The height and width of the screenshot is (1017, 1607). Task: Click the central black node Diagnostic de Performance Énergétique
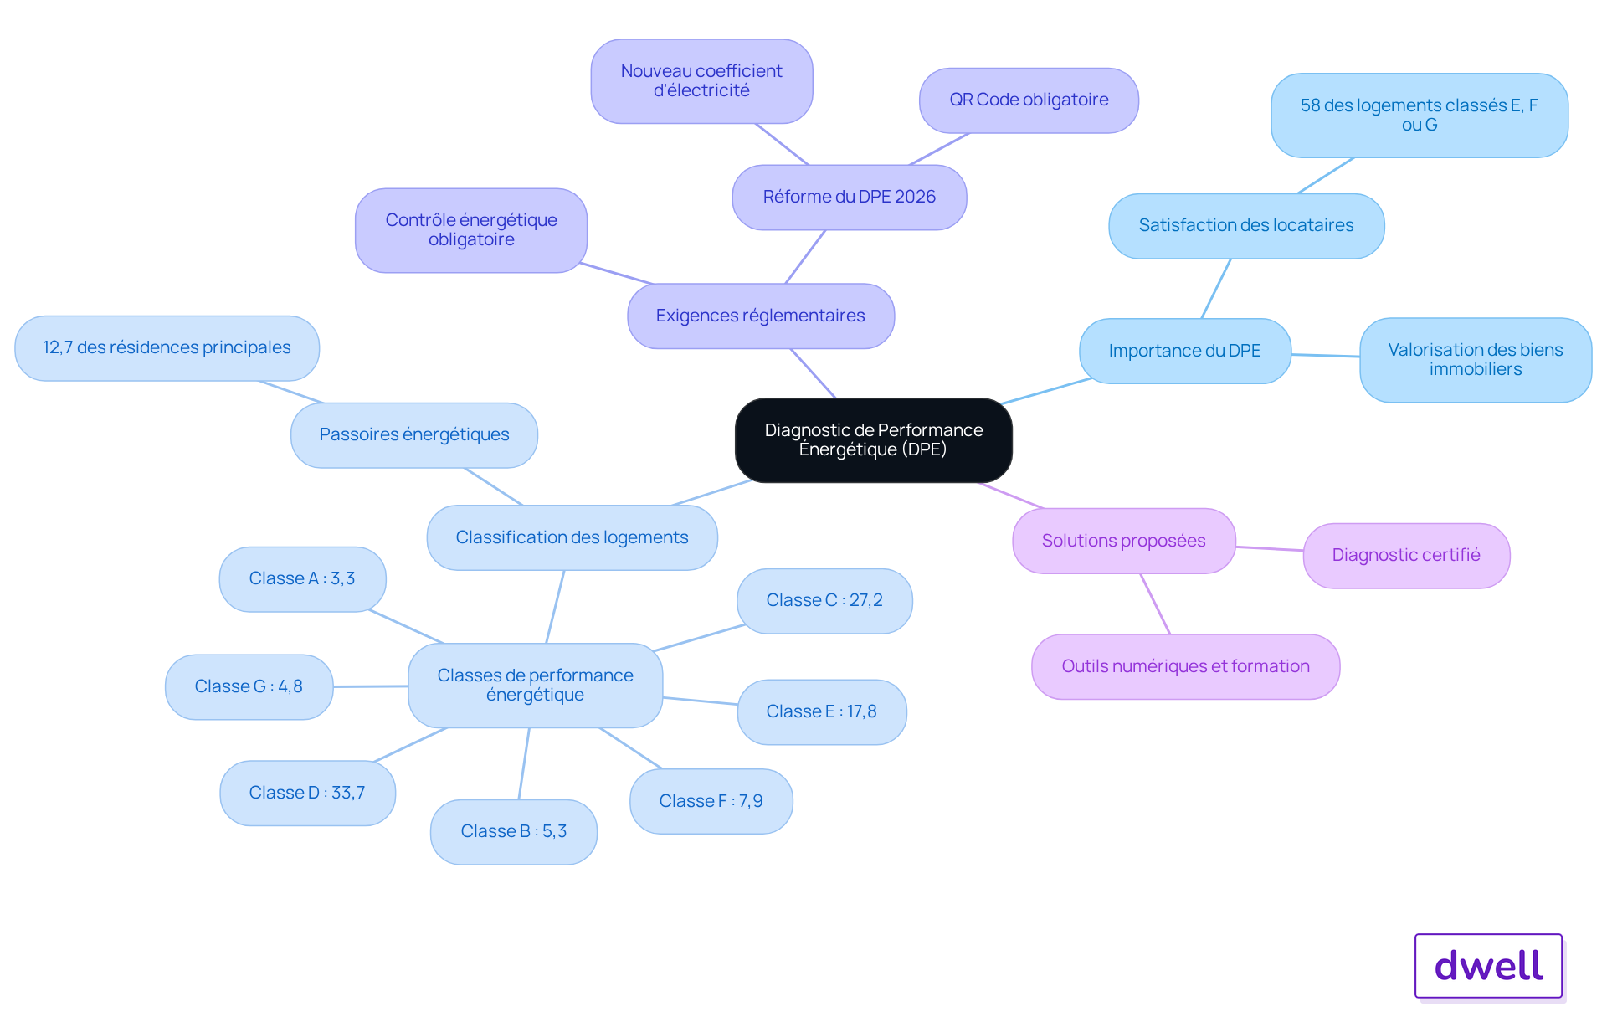pos(873,440)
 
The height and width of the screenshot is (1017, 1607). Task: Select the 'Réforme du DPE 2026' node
pos(850,198)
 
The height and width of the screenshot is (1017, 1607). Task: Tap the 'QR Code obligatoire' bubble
pos(1029,100)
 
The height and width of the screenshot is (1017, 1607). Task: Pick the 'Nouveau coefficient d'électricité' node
pos(701,81)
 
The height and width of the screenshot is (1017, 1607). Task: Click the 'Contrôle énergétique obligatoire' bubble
pos(471,230)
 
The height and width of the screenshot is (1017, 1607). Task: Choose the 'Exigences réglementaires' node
pos(761,316)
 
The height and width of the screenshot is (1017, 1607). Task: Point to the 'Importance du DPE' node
pos(1185,352)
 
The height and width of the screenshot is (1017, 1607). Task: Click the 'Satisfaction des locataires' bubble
pos(1246,226)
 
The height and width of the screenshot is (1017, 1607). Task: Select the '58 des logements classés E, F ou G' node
pos(1420,116)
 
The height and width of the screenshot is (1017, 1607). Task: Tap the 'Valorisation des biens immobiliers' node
pos(1476,360)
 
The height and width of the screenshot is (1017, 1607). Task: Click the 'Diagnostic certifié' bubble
pos(1406,556)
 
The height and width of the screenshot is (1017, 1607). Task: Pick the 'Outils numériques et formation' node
pos(1186,667)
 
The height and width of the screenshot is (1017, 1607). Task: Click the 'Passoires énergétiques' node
pos(414,435)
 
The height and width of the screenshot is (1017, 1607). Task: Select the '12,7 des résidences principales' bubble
pos(167,348)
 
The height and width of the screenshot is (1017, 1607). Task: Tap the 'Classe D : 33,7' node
pos(307,794)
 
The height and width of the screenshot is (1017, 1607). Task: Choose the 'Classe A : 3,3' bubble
pos(302,579)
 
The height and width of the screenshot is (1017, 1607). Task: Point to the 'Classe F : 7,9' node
pos(711,802)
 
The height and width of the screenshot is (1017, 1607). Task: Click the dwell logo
pos(1489,966)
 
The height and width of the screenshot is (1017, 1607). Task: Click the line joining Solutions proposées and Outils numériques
pos(1155,604)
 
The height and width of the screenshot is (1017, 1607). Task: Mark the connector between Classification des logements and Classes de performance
pos(555,607)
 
